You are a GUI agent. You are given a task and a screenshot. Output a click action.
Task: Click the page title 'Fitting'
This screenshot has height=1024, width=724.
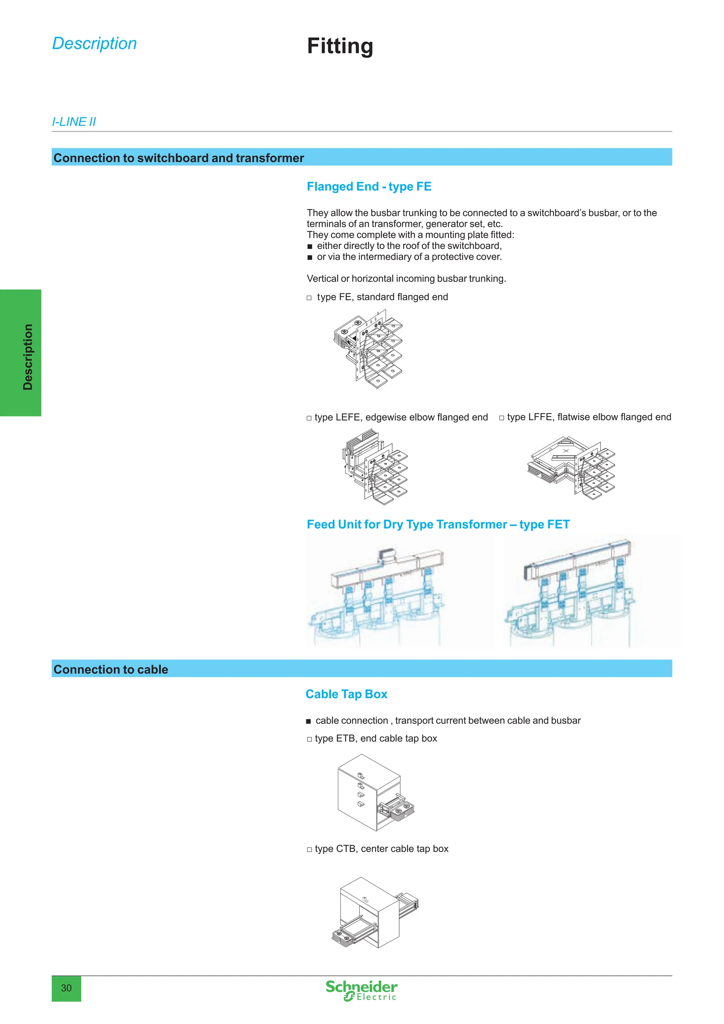[340, 46]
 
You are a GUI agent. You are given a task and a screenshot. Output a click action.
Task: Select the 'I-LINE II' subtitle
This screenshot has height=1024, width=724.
[74, 122]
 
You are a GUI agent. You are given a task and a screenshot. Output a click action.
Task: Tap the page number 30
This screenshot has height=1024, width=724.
[66, 988]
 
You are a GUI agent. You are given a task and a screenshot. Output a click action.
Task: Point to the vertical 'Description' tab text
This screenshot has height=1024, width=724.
[28, 357]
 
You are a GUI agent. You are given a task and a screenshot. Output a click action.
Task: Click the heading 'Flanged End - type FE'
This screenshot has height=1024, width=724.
[369, 186]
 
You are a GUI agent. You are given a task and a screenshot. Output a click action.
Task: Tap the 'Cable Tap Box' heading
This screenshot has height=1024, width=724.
[346, 694]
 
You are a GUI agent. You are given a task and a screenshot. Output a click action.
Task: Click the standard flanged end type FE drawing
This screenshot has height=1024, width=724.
[368, 349]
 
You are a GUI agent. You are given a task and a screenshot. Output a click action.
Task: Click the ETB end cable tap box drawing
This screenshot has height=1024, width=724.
[375, 792]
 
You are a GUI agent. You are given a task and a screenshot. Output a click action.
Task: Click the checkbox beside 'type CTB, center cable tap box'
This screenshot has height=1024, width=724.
[309, 849]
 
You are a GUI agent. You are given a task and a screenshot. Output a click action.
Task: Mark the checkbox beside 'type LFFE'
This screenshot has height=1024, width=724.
[502, 418]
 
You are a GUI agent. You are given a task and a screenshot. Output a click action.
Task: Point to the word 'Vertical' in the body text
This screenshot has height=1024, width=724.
[322, 279]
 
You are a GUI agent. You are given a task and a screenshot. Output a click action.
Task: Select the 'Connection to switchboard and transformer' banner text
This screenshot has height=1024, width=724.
[178, 158]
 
